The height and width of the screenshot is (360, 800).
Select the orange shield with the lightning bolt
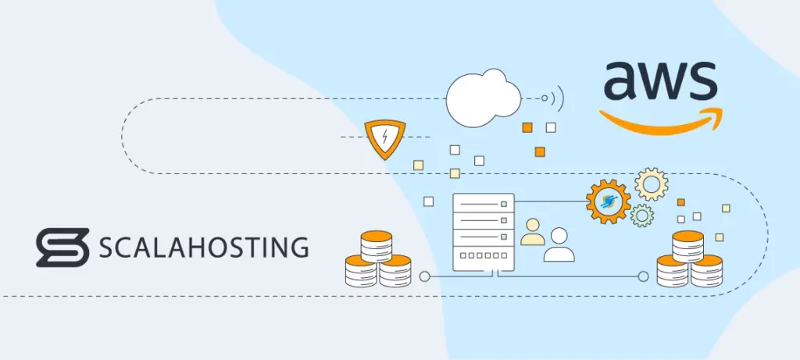384,139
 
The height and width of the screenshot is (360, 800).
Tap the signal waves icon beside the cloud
553,98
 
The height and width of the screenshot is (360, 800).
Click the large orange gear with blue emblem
608,201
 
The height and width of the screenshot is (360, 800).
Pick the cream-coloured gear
651,184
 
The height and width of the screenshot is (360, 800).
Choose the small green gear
642,215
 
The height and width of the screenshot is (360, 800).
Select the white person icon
559,245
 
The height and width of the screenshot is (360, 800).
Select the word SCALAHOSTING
203,248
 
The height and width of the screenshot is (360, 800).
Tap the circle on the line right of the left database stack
424,276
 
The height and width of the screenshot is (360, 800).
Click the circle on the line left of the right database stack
643,276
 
